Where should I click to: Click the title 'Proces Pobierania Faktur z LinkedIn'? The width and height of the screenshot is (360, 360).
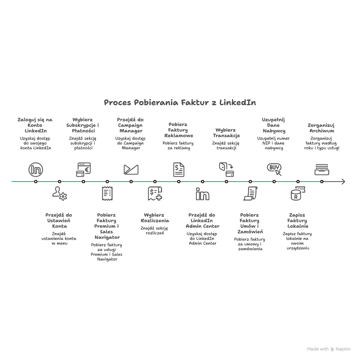[179, 102]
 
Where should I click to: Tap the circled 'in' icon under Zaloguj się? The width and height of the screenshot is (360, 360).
[35, 169]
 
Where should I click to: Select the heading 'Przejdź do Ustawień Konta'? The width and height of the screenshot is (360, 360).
[59, 220]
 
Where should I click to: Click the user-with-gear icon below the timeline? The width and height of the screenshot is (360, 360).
[59, 193]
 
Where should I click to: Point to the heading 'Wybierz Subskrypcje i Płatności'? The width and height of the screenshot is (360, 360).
[83, 125]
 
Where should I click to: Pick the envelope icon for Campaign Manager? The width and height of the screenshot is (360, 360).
[131, 169]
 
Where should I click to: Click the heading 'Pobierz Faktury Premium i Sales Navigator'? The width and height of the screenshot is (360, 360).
[107, 226]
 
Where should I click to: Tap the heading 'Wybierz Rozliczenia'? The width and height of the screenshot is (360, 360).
[155, 217]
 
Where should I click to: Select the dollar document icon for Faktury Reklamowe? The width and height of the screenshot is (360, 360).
[178, 169]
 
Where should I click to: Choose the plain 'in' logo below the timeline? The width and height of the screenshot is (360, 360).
[202, 194]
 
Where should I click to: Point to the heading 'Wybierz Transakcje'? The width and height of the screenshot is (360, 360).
[226, 132]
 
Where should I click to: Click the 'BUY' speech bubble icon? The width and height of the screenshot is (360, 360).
[274, 168]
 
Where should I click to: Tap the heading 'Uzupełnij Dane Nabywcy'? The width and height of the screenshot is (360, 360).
[274, 125]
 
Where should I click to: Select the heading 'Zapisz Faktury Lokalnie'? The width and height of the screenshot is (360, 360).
[297, 220]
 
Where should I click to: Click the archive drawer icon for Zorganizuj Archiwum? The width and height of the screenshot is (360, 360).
[321, 169]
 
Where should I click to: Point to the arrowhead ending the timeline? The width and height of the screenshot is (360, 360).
[343, 181]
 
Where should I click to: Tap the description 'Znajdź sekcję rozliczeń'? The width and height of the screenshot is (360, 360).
[154, 230]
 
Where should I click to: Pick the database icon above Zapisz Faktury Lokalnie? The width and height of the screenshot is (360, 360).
[297, 194]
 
